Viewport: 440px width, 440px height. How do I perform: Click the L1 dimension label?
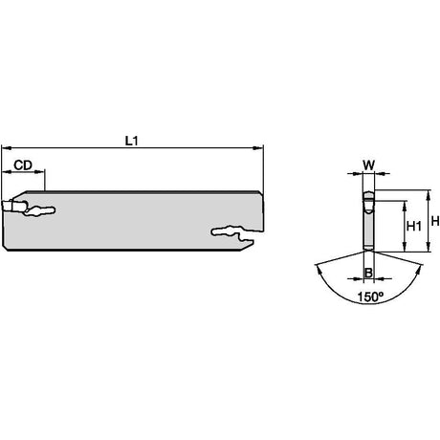click(131, 141)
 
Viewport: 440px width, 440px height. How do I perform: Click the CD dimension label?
click(23, 165)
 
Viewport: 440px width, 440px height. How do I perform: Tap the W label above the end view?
click(368, 165)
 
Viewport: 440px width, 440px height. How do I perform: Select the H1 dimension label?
click(414, 227)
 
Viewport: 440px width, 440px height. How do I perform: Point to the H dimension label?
click(435, 221)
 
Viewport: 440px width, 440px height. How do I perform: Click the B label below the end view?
click(368, 273)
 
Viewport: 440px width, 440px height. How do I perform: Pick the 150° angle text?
click(370, 297)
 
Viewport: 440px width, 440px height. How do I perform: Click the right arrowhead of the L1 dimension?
click(257, 147)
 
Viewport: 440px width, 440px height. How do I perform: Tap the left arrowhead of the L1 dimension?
click(7, 147)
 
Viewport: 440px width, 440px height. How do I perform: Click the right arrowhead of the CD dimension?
click(39, 172)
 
